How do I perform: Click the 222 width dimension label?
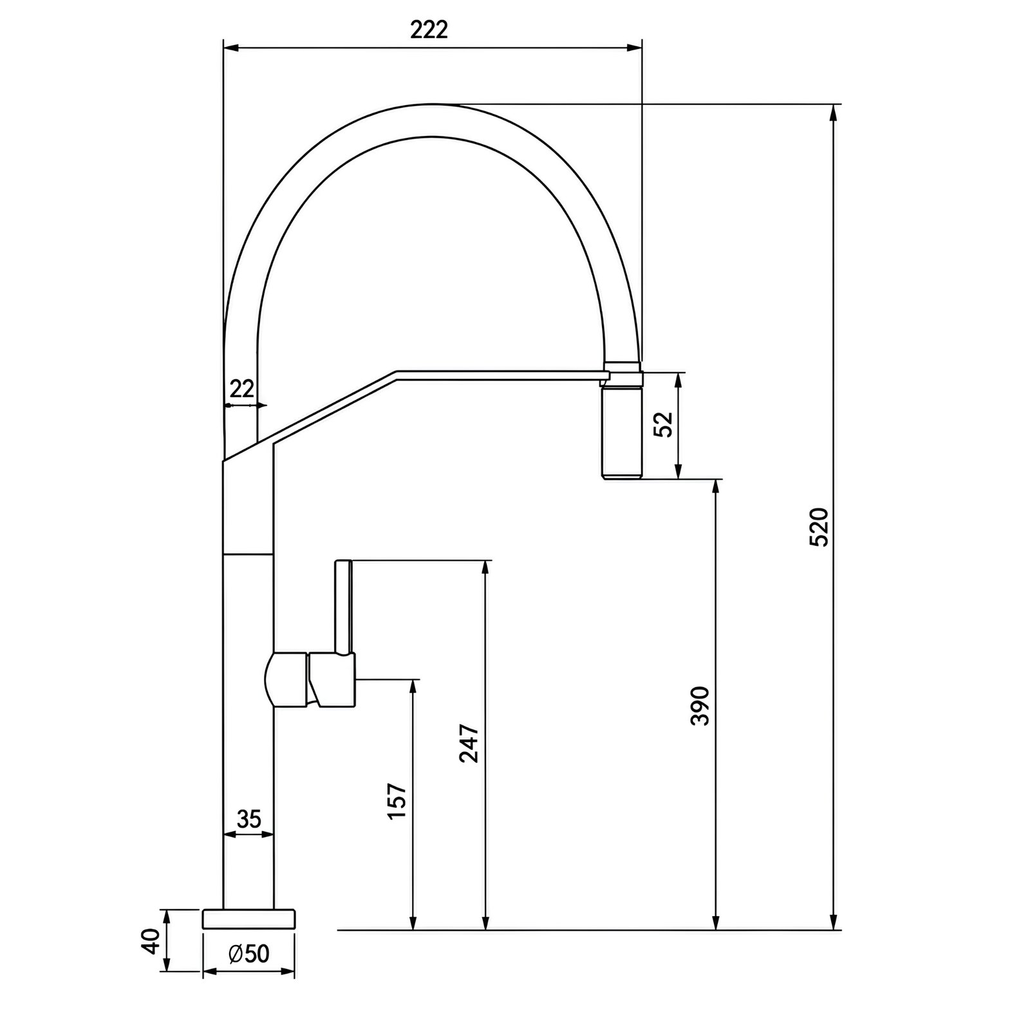(429, 30)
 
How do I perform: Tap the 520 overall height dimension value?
(819, 527)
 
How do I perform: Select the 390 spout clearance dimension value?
(700, 706)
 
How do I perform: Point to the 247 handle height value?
(469, 744)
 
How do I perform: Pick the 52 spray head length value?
(663, 424)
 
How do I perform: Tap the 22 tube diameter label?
(242, 389)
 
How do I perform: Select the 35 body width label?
(249, 819)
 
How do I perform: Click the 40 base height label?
(151, 941)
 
